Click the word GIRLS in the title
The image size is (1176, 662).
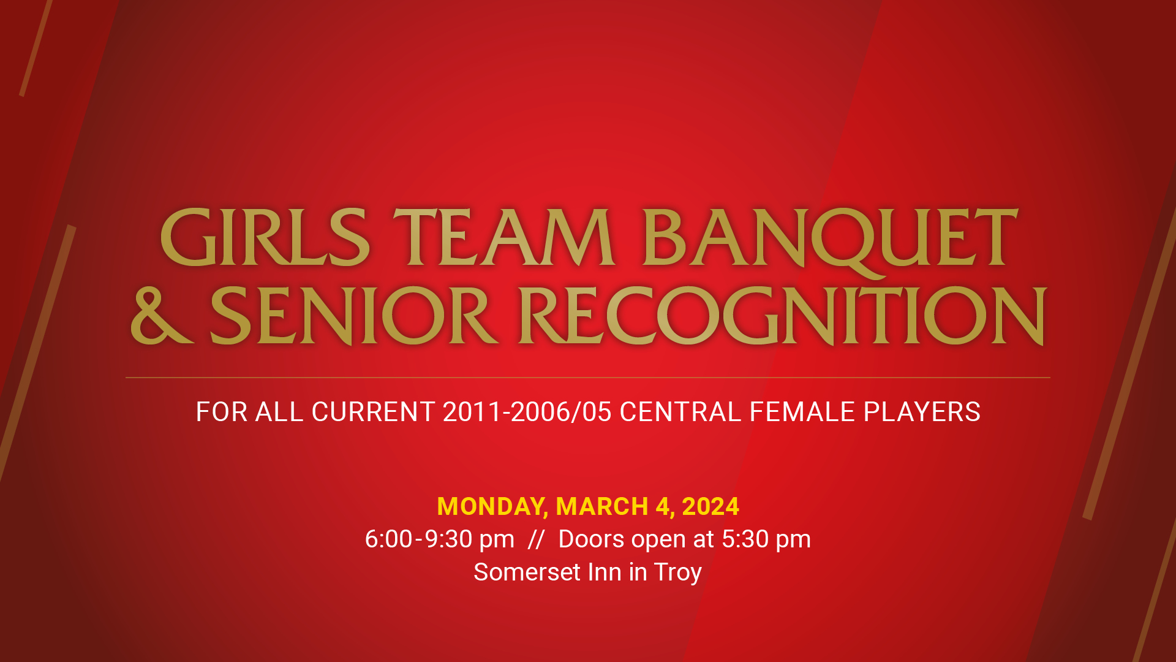(x=265, y=237)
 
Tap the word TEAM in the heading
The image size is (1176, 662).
(x=503, y=237)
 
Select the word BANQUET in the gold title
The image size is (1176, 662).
(x=829, y=237)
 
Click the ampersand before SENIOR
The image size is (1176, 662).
(x=160, y=315)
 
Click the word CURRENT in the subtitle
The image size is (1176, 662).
(x=373, y=412)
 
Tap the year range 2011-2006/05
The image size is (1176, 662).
(x=527, y=412)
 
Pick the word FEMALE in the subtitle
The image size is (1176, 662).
(x=802, y=412)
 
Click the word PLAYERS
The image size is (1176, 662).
(x=922, y=412)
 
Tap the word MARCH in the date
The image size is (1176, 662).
(x=602, y=507)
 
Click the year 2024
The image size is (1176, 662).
(x=710, y=507)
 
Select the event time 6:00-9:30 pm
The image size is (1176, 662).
(x=440, y=539)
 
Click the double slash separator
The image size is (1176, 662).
(x=536, y=539)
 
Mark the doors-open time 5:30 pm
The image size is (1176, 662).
(x=766, y=539)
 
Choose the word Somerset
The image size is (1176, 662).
(x=527, y=572)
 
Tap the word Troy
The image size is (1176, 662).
(x=677, y=573)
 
